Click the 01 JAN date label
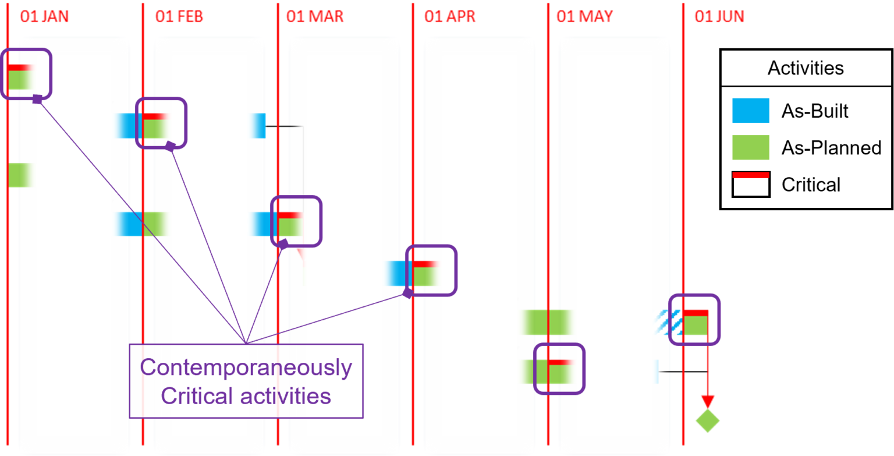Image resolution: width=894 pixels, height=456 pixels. click(44, 16)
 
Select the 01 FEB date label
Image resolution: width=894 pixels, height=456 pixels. click(179, 16)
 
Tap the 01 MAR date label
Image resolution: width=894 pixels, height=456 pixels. click(314, 16)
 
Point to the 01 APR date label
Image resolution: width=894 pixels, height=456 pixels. click(450, 16)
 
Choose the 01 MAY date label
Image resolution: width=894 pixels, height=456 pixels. click(585, 16)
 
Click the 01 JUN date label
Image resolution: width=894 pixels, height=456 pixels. click(719, 16)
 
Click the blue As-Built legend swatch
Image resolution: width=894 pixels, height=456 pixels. click(751, 111)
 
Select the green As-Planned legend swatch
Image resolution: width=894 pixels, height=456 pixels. click(751, 147)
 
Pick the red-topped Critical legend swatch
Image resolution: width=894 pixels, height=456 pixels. click(751, 185)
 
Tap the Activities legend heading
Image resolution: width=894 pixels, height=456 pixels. click(806, 68)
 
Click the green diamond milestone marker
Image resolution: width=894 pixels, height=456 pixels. click(707, 420)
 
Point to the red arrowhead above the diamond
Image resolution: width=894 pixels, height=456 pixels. click(707, 401)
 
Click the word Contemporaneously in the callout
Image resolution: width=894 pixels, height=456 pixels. click(246, 367)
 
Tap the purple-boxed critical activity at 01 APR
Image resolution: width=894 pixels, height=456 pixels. click(425, 273)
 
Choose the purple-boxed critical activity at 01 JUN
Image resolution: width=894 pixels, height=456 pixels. click(695, 323)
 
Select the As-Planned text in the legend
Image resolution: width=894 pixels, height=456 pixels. click(831, 148)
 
